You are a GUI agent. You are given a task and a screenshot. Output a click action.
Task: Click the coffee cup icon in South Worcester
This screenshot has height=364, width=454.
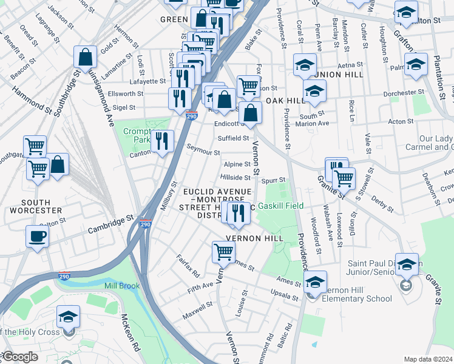[36, 237]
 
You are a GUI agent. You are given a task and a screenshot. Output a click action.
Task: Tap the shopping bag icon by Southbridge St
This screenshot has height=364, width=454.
[86, 57]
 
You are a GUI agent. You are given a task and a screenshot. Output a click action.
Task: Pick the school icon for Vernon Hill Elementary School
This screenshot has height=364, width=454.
[315, 281]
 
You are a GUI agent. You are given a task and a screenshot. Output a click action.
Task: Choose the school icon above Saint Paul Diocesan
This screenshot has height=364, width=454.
[407, 264]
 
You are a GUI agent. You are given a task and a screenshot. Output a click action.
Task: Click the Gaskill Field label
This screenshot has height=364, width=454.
[280, 206]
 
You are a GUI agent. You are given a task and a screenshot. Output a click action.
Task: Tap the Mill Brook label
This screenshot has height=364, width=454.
[121, 286]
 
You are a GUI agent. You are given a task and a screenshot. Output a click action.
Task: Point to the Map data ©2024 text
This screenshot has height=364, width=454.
[428, 359]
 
